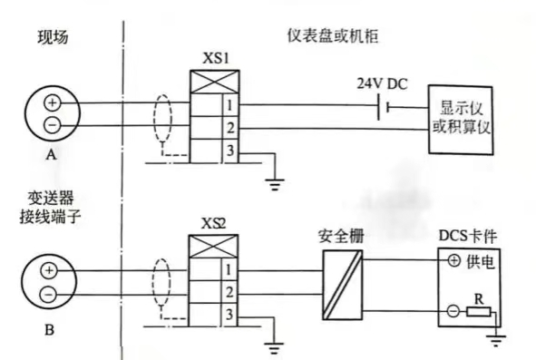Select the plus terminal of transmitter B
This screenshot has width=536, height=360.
pos(50,270)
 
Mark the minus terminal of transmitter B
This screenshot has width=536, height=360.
pos(50,289)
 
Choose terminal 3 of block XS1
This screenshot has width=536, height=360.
pos(229,151)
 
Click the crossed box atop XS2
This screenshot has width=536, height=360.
pos(205,245)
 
